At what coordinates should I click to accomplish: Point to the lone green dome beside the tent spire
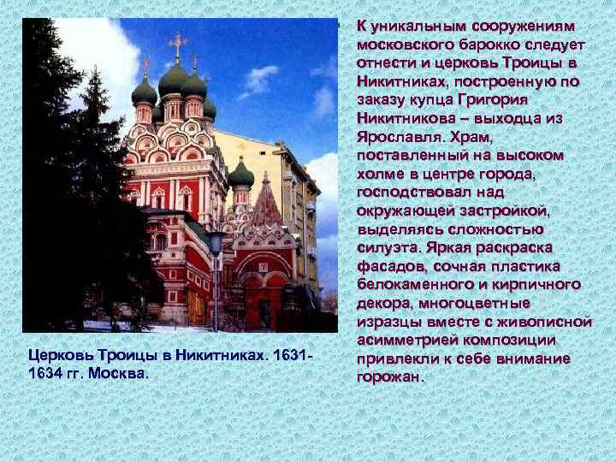pos(241,175)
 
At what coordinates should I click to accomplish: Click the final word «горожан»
pos(389,376)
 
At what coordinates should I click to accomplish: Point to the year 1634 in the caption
pos(45,374)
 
